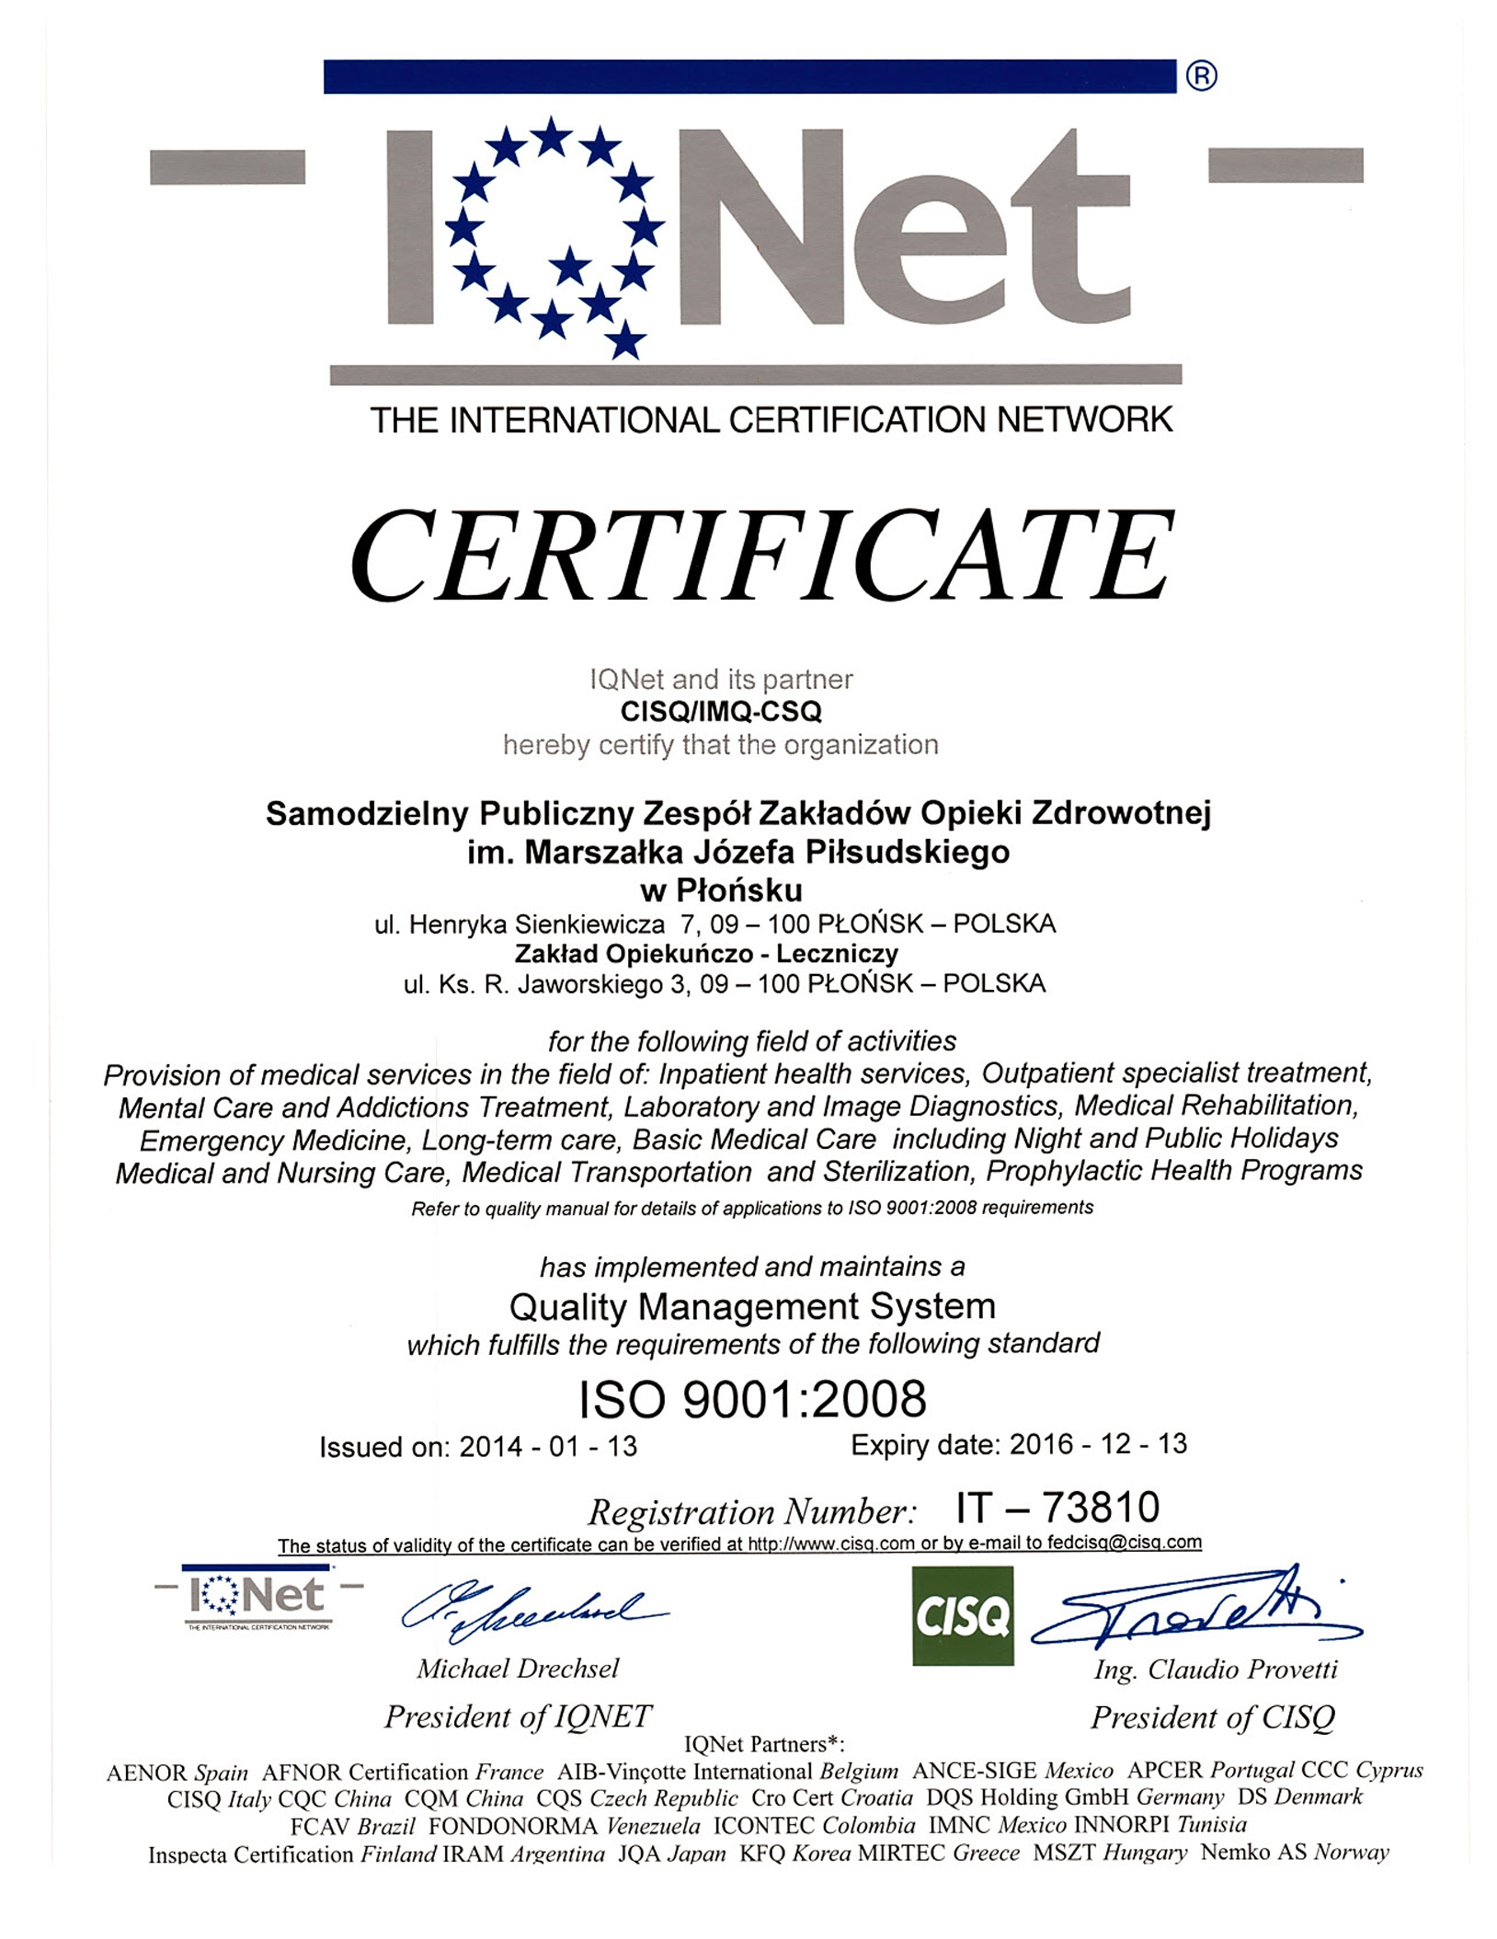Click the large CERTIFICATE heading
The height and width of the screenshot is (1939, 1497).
point(761,556)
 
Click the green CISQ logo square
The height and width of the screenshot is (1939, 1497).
point(963,1616)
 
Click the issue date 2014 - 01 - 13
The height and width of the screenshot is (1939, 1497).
point(548,1446)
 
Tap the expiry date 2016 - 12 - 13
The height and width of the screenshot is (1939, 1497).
point(1098,1444)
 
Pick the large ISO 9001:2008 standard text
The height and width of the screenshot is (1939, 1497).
point(752,1399)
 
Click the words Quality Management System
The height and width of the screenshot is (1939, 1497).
point(752,1306)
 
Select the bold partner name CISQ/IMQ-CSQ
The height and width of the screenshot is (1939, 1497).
point(721,711)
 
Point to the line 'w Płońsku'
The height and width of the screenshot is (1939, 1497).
point(721,890)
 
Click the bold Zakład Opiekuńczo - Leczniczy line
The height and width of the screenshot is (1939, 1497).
point(706,953)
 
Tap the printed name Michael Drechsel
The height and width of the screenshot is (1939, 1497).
point(518,1668)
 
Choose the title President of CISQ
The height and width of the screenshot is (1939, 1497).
point(1212,1716)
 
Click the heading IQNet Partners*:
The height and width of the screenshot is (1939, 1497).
point(764,1743)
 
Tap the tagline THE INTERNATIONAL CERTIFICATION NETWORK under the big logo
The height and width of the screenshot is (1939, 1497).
point(771,420)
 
